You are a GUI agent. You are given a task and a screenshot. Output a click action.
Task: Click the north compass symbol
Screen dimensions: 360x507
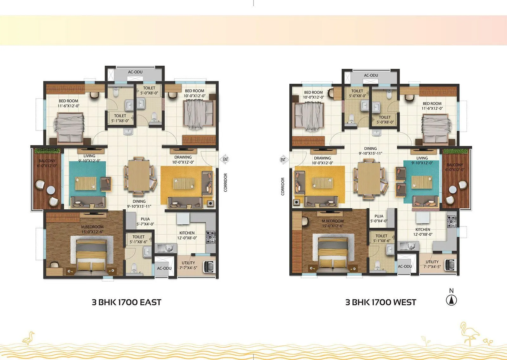pos(451,300)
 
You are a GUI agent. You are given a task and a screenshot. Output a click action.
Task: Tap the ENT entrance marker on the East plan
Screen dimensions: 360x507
pos(226,159)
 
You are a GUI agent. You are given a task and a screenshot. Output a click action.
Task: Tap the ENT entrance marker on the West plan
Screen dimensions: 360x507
pos(283,160)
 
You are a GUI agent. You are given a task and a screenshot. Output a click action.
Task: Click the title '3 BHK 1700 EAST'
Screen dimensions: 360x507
pos(126,302)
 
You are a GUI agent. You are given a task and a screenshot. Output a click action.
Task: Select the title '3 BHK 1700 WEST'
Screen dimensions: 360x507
pos(381,302)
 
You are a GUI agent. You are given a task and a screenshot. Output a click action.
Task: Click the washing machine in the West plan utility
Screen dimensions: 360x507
pos(450,264)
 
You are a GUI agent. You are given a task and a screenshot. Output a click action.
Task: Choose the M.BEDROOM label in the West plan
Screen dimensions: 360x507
pos(332,221)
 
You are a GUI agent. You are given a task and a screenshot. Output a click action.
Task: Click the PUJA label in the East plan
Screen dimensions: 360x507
pos(145,219)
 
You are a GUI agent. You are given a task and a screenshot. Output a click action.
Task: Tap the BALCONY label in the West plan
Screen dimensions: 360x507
pos(455,165)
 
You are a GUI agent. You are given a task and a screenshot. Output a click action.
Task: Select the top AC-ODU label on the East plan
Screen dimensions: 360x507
pos(135,72)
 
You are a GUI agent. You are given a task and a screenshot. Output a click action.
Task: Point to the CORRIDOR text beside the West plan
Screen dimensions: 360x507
pos(283,186)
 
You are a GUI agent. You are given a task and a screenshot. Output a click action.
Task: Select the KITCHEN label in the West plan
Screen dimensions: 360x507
pos(423,229)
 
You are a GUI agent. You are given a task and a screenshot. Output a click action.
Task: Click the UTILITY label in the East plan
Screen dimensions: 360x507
pos(188,263)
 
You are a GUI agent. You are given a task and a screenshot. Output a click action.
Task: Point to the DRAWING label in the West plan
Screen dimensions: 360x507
pos(322,158)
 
